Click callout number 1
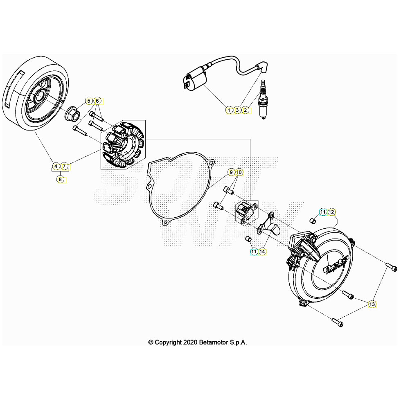point(229,110)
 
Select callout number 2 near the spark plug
point(246,110)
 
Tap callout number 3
point(237,110)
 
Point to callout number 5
point(89,101)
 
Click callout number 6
point(97,101)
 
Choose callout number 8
point(60,179)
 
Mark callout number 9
point(231,172)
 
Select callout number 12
point(331,212)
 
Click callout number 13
point(372,304)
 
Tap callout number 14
point(262,251)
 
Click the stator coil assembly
point(122,145)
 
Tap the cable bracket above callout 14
point(268,225)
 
